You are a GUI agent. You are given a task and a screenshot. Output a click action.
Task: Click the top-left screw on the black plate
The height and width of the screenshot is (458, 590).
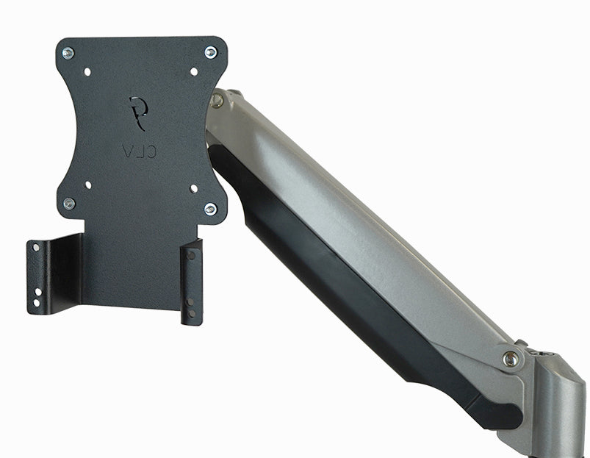point(68,53)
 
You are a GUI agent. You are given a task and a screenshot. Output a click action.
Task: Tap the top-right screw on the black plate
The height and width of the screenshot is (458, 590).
point(210,52)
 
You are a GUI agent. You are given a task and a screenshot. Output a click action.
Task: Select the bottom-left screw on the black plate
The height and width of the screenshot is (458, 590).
point(69,204)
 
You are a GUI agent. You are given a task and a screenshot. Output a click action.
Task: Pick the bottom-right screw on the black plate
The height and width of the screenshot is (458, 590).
point(210,210)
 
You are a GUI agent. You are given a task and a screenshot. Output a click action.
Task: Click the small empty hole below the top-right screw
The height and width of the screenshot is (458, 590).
point(194,71)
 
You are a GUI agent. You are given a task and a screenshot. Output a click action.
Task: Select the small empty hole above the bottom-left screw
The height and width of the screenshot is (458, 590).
point(87,185)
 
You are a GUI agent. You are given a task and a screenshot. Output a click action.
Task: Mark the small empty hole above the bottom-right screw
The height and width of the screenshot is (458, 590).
point(194,188)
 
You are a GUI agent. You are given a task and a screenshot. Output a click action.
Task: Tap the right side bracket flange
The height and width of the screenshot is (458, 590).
point(192,283)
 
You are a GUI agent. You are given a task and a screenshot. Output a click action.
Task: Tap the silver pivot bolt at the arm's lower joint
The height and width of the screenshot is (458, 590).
point(510,359)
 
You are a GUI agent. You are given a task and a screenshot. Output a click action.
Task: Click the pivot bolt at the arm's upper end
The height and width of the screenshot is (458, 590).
point(217,101)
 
